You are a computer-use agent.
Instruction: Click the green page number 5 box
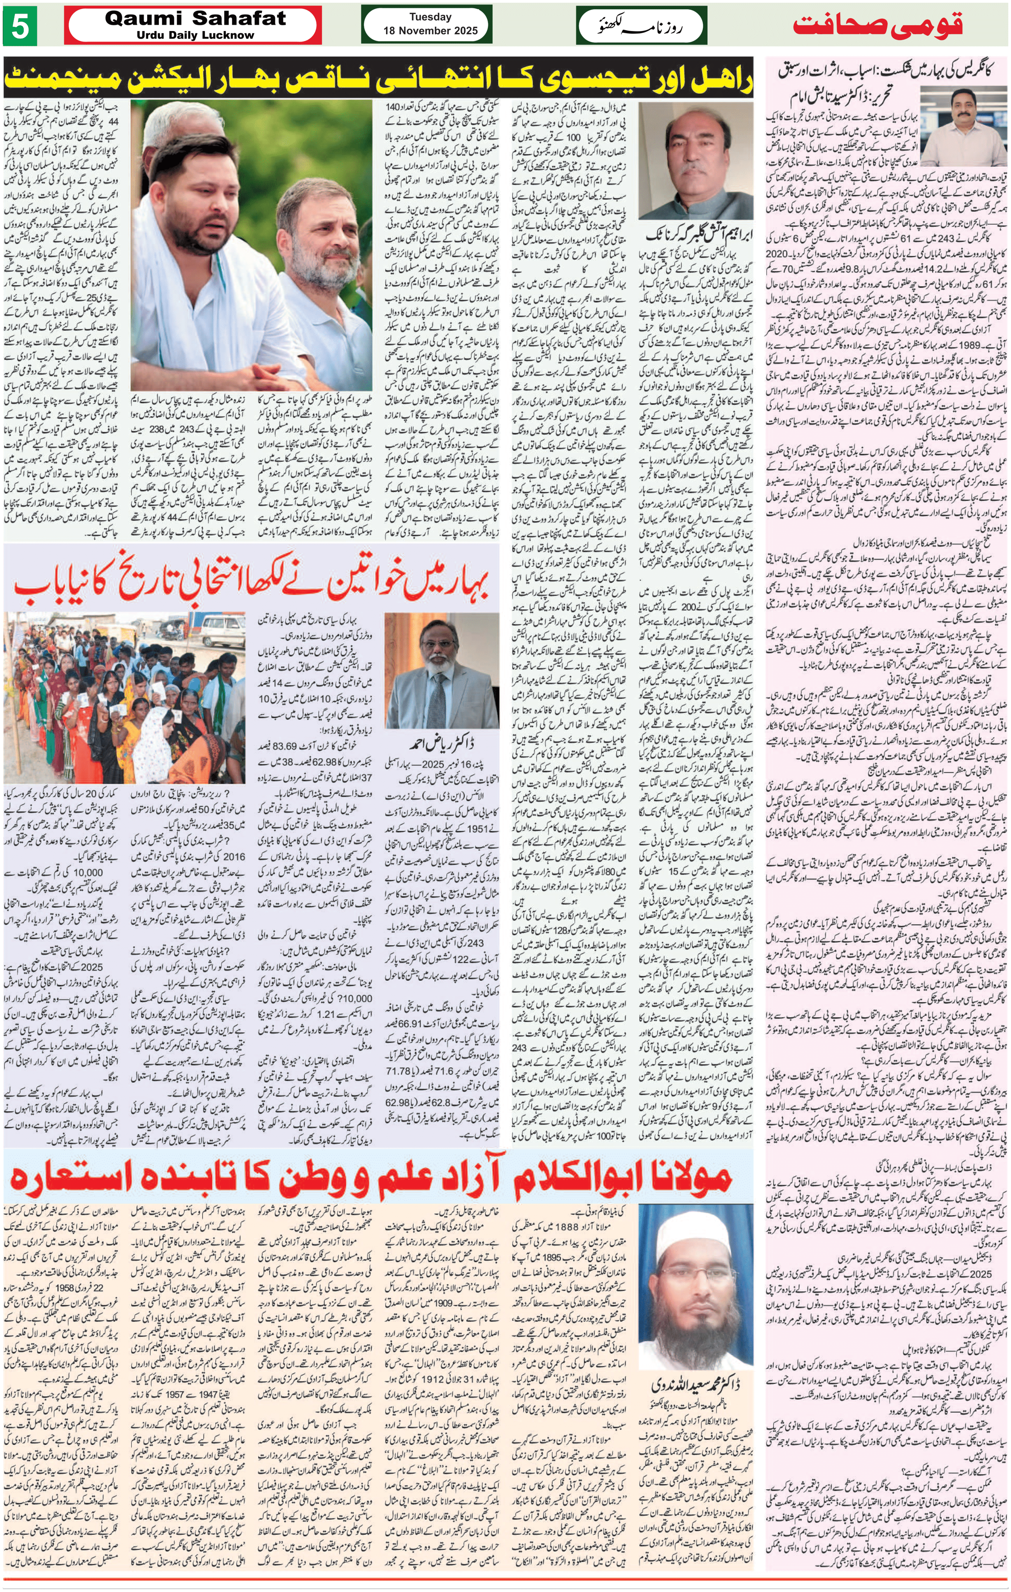[20, 26]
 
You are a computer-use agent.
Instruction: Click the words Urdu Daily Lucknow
[195, 35]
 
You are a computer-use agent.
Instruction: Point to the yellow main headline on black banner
[379, 79]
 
